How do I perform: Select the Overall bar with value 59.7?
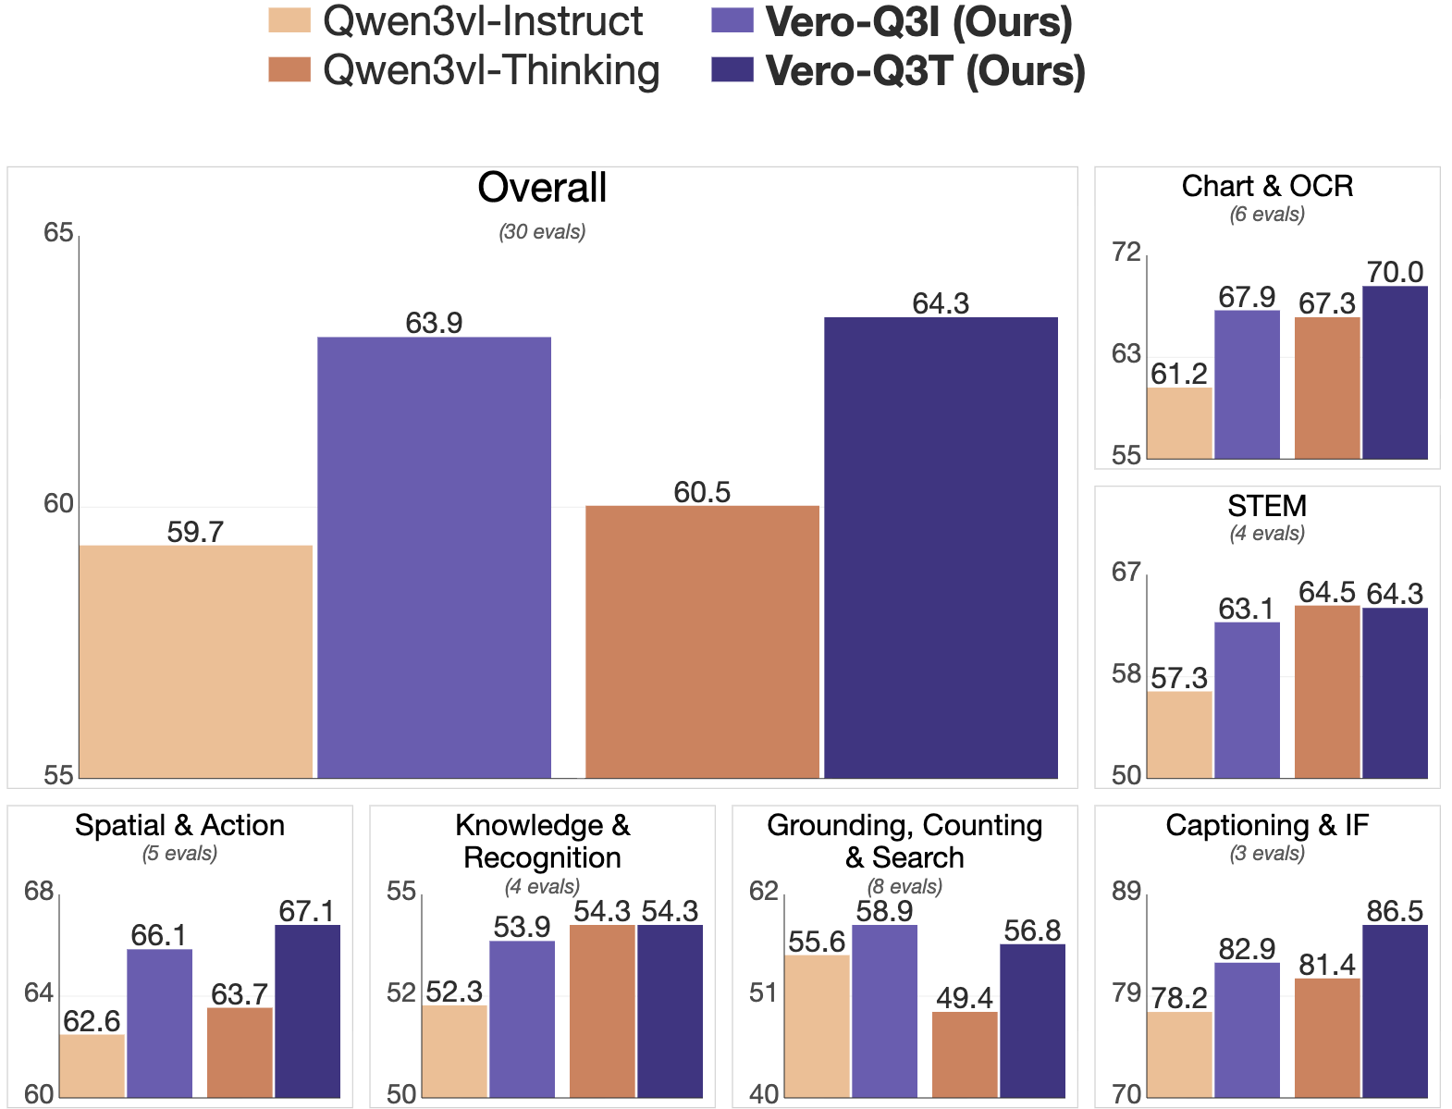tap(195, 661)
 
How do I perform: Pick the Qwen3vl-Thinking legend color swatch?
tap(289, 70)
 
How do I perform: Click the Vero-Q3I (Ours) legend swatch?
tap(732, 20)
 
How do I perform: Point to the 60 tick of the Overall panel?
tap(58, 504)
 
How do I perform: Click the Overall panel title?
tap(542, 189)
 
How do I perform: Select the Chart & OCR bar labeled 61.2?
tap(1179, 423)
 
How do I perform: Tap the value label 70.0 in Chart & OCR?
tap(1395, 272)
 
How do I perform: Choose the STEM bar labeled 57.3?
tap(1179, 734)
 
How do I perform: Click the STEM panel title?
tap(1267, 506)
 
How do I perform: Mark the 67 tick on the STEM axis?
tap(1126, 573)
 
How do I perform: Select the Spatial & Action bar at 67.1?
tap(307, 1011)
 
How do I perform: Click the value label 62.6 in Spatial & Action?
tap(92, 1021)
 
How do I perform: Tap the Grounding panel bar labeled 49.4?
tap(965, 1054)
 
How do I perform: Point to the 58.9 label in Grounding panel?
tap(884, 912)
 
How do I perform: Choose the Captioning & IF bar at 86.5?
tap(1395, 1011)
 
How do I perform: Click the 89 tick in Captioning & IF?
tap(1126, 892)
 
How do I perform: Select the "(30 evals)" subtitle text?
tap(542, 232)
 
